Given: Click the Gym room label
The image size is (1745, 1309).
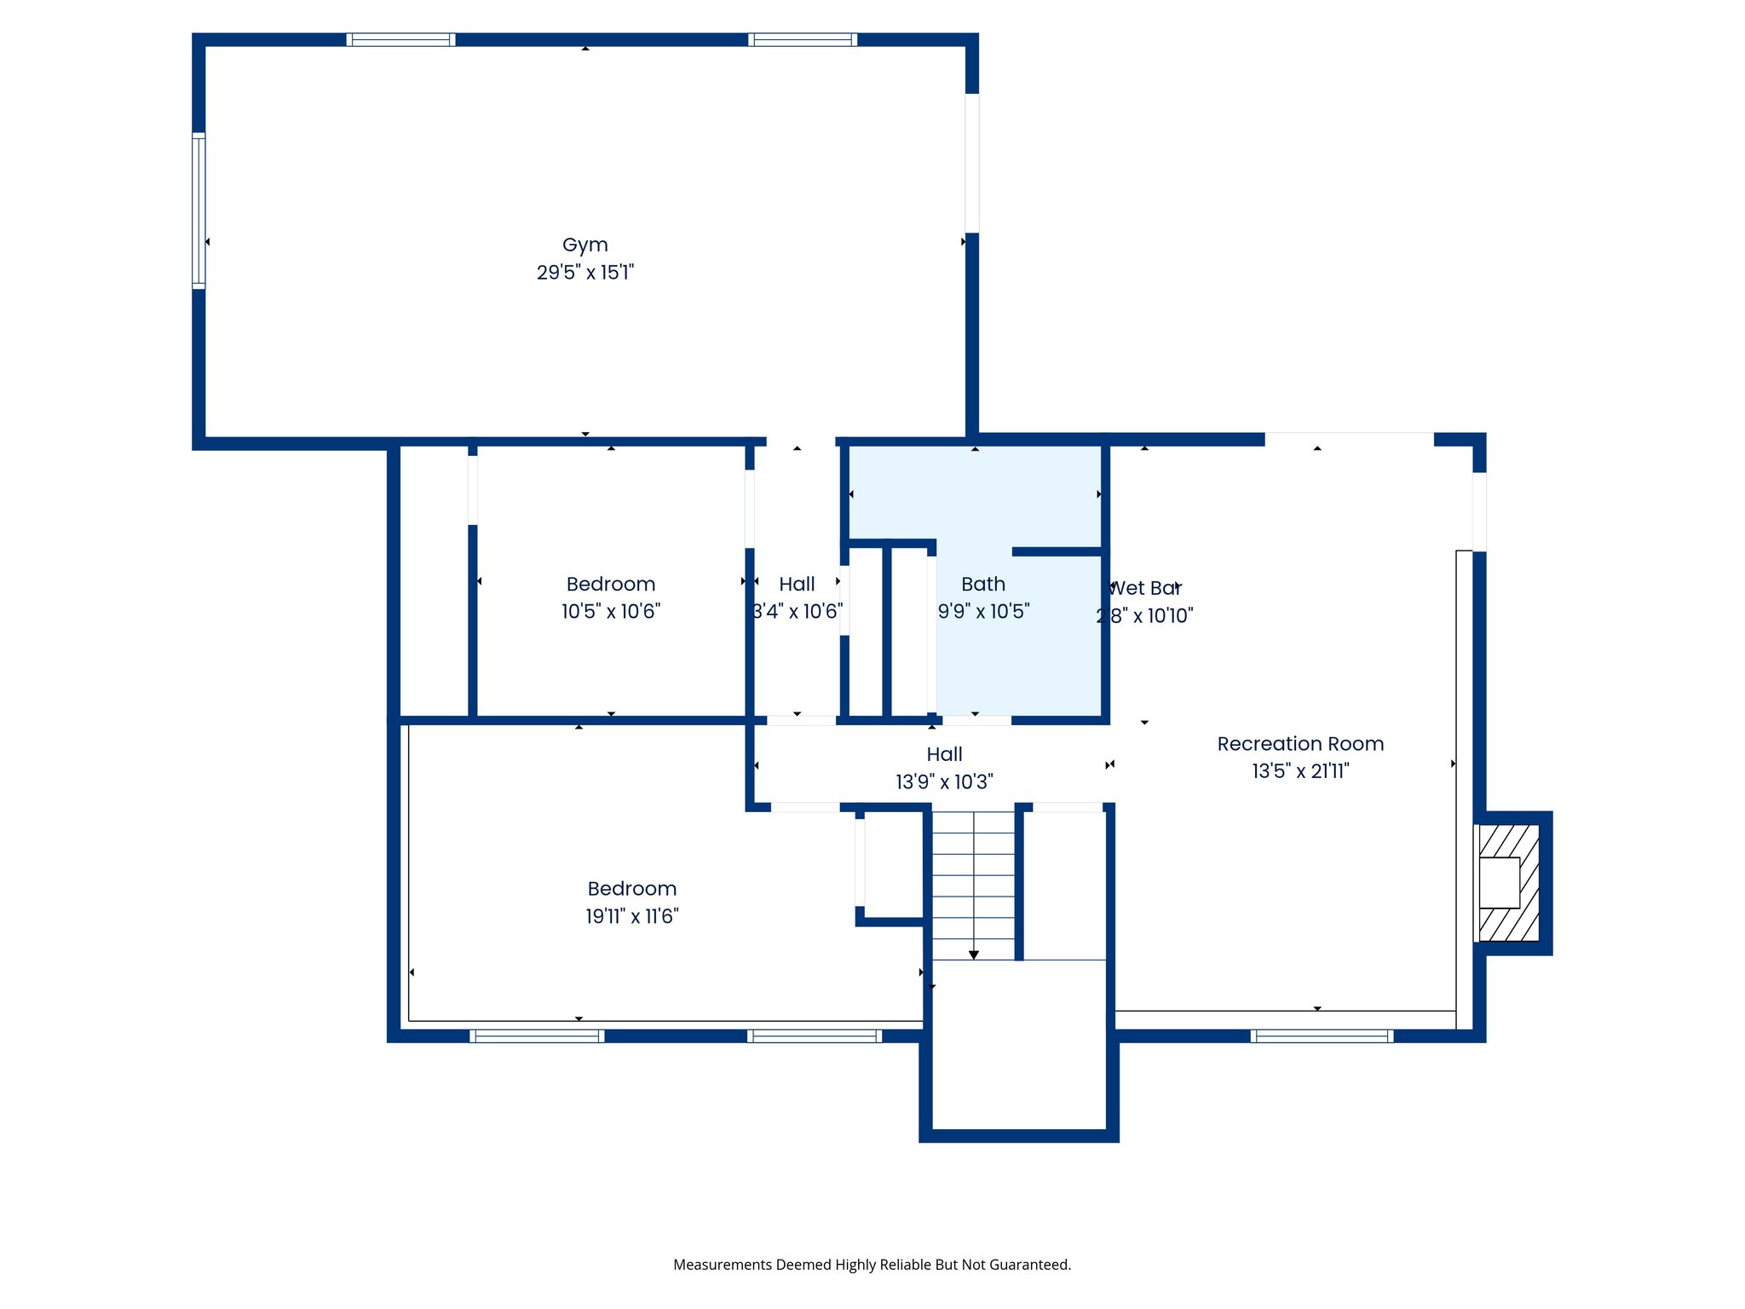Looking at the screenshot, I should (x=585, y=245).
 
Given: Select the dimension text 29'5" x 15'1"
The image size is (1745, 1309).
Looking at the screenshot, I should (x=585, y=273).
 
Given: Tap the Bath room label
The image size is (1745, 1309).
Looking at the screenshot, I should (x=983, y=584).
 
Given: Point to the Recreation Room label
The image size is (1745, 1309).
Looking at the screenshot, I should (x=1300, y=744).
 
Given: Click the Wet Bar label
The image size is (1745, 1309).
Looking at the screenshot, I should (x=1144, y=588).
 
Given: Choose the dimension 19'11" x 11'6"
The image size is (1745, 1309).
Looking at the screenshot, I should (x=631, y=916).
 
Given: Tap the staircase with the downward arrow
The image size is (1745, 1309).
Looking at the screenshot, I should (x=973, y=886).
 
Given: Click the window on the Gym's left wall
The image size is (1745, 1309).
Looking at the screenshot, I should (x=199, y=210).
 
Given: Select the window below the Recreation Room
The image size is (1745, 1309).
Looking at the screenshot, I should (x=1322, y=1036).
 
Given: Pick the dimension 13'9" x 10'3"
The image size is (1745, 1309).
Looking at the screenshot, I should (x=944, y=781).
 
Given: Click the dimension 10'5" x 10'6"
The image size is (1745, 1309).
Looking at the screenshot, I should (x=610, y=611).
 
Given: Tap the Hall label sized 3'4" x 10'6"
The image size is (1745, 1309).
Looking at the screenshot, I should (x=797, y=584).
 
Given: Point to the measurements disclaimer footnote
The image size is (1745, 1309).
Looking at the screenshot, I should (x=872, y=1265).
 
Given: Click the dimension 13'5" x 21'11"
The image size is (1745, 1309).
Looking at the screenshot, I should (x=1300, y=771).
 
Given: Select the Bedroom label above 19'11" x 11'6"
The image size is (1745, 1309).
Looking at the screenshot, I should (x=631, y=889).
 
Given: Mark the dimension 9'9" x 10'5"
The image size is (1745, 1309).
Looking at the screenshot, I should (x=983, y=611).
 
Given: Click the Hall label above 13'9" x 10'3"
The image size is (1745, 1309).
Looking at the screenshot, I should (x=944, y=754).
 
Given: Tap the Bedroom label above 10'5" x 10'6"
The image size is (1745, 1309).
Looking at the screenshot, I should (x=610, y=584).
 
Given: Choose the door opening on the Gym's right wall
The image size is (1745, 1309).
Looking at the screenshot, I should (x=971, y=163).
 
